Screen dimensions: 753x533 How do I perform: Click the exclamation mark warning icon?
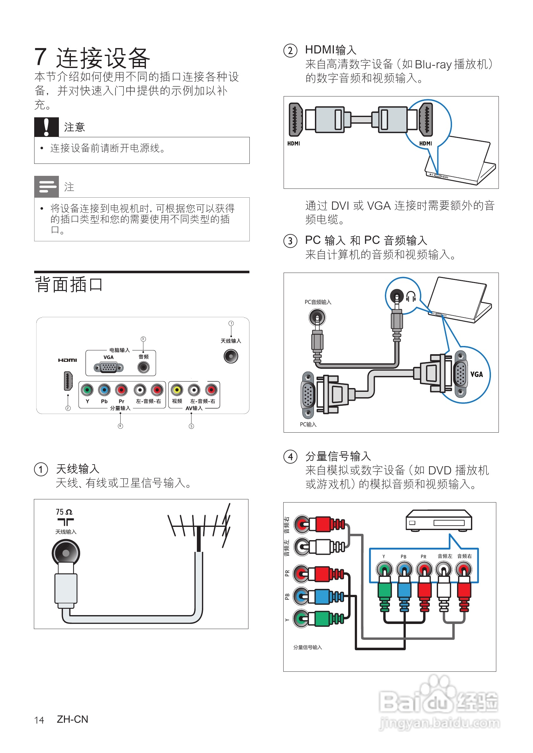coord(46,127)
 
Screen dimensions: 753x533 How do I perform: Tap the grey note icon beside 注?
coord(46,187)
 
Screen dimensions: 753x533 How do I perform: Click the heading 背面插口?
coord(69,284)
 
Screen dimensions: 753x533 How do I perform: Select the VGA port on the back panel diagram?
coord(108,368)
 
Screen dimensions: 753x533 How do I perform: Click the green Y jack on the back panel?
coord(87,390)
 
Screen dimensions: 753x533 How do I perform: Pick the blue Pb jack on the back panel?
coord(104,390)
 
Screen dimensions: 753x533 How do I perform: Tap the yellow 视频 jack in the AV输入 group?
coord(177,390)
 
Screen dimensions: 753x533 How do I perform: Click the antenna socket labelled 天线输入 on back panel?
coord(231,356)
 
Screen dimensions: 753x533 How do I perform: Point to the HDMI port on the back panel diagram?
coord(68,381)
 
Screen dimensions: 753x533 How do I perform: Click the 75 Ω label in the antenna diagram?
coord(64,512)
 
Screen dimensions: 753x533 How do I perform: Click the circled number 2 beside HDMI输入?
coord(290,51)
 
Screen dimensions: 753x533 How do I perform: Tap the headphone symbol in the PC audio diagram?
coord(411,296)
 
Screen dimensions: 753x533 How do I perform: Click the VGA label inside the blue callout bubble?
coord(477,374)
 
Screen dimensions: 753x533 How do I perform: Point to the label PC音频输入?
coord(318,302)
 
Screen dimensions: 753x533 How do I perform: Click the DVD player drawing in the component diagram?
coord(438,520)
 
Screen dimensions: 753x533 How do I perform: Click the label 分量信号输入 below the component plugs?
coord(308,647)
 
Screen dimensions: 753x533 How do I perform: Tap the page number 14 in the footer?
coord(39,720)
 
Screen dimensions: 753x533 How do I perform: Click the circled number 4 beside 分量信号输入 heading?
coord(290,457)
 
